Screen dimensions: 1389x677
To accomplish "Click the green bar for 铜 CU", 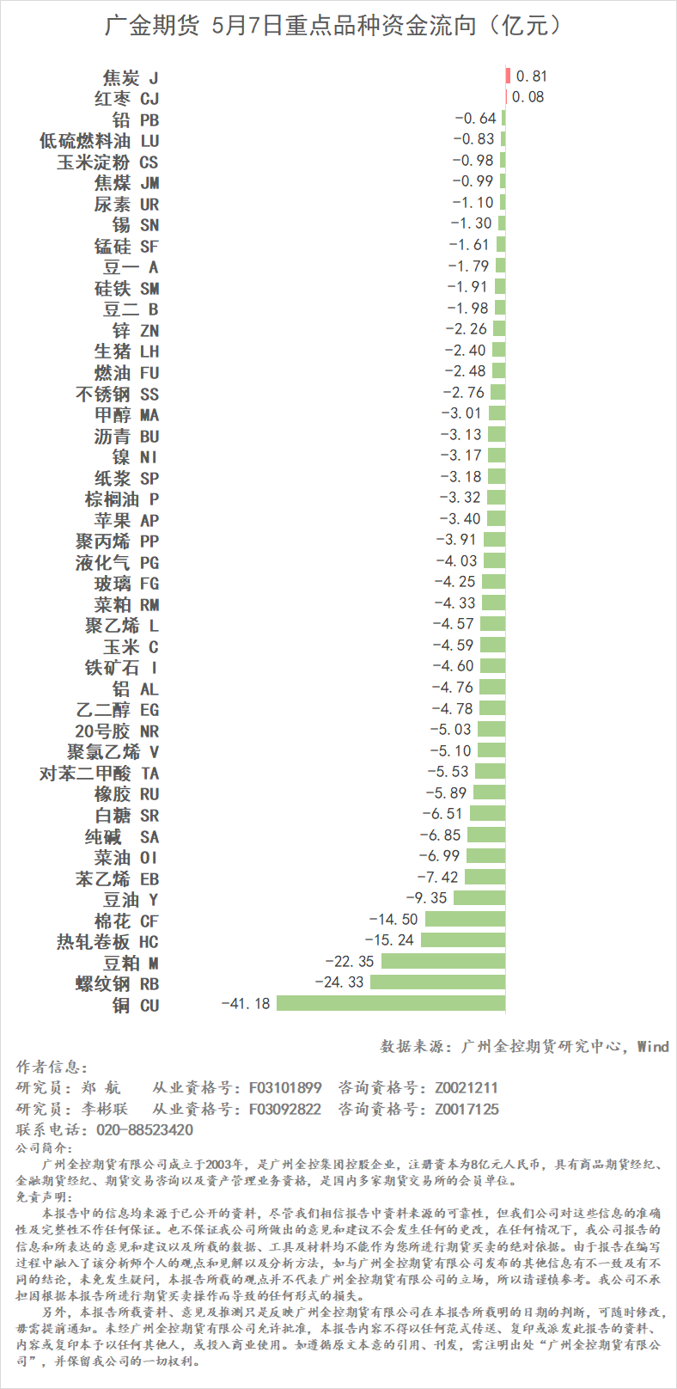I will pos(391,1003).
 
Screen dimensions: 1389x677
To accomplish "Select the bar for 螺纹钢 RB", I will pos(437,982).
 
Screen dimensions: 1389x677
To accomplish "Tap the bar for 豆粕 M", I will pos(443,961).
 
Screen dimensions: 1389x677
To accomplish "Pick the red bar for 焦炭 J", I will pos(508,76).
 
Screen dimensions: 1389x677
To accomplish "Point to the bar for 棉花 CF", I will pos(465,919).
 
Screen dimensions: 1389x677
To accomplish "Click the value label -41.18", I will pos(246,1003).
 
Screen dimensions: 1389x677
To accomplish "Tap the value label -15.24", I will pos(389,940).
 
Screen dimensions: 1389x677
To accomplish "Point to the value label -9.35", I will pos(426,898).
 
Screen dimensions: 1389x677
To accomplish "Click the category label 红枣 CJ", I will pos(126,98).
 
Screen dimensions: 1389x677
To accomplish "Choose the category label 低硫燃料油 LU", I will pos(99,140).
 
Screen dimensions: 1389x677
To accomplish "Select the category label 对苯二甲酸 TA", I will pos(99,773).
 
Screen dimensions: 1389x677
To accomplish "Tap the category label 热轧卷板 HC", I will pos(107,941).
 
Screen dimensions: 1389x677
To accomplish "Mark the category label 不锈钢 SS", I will pos(117,394).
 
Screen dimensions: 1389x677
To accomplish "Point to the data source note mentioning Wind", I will pos(524,1046).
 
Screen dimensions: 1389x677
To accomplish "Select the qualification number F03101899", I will pos(285,1087).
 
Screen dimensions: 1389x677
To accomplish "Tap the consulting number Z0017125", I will pos(467,1109).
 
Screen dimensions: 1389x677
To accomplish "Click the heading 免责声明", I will pos(45,1196).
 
